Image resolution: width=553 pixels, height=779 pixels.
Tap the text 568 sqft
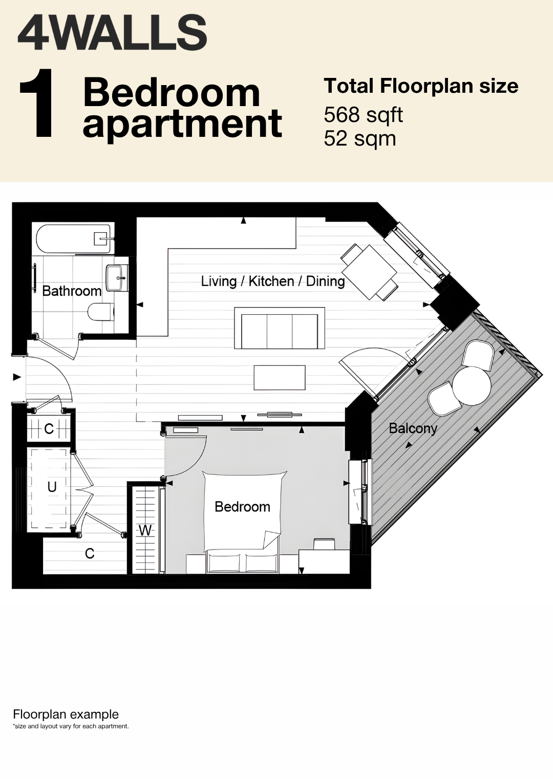[363, 115]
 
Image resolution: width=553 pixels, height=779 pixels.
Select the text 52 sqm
[360, 139]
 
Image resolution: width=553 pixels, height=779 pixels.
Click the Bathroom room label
[72, 291]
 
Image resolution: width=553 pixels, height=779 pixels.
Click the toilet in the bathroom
[101, 312]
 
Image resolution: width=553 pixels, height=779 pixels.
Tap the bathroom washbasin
[117, 278]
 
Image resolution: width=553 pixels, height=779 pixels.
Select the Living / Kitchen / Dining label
[273, 281]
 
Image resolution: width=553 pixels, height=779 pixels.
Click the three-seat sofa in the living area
[280, 328]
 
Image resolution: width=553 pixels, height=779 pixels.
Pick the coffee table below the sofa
[280, 377]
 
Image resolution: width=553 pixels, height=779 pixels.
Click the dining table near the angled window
[369, 272]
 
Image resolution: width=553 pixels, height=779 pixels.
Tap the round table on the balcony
[472, 386]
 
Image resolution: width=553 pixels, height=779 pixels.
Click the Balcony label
[413, 429]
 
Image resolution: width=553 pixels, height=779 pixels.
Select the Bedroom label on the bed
[243, 507]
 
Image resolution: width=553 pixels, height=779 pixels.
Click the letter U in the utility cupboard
[52, 487]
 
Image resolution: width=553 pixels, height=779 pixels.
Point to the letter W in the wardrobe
[145, 530]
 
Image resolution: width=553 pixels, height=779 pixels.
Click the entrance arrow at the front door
[17, 377]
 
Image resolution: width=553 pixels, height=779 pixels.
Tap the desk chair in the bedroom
[324, 544]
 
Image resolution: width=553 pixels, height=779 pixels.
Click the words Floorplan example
[66, 714]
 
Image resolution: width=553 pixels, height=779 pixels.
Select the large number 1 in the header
[36, 103]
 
